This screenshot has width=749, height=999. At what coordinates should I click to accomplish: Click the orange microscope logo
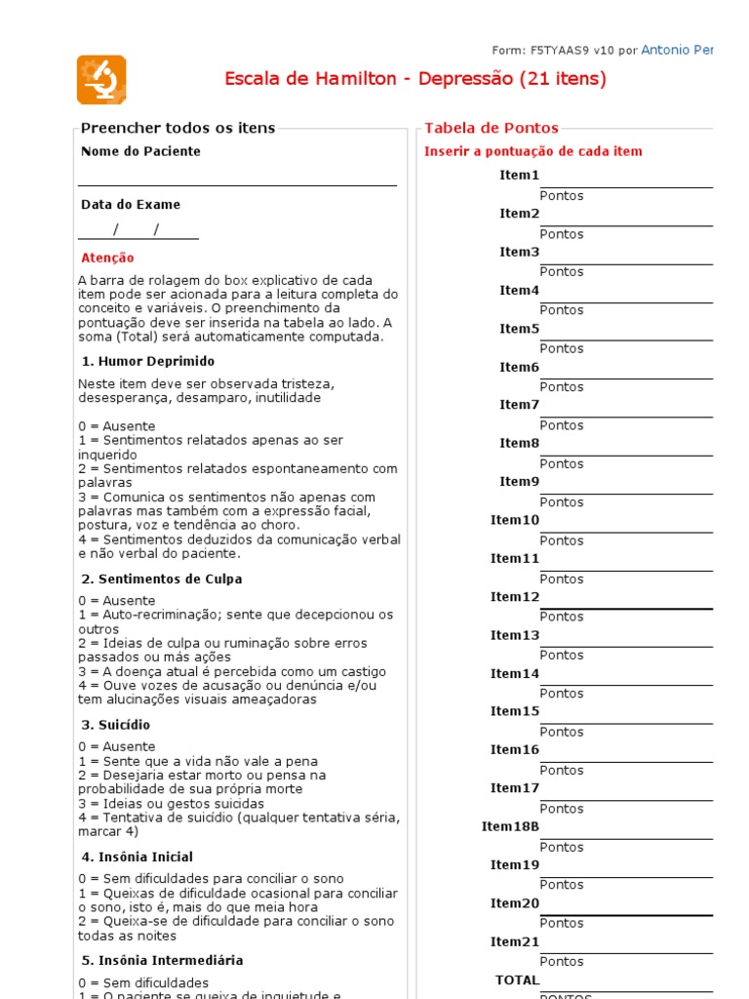(x=101, y=80)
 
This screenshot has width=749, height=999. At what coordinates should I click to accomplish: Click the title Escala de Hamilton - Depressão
(x=414, y=79)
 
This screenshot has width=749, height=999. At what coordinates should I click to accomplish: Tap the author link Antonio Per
(x=677, y=50)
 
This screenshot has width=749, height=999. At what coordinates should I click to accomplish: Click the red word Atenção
(x=107, y=259)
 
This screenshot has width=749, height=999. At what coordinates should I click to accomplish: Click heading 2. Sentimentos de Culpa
(x=161, y=579)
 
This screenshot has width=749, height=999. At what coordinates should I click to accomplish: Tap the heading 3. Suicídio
(x=115, y=726)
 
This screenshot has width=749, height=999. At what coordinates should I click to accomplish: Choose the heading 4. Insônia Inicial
(x=137, y=858)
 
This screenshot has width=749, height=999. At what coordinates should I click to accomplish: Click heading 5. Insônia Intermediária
(x=161, y=961)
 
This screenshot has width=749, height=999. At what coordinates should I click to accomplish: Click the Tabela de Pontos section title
(x=492, y=128)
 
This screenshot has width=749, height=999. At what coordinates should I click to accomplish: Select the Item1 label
(x=519, y=176)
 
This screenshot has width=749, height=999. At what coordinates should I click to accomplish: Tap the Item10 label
(x=514, y=520)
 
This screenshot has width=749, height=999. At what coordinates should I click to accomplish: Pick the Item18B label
(x=510, y=826)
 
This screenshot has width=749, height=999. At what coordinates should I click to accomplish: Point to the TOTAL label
(x=517, y=979)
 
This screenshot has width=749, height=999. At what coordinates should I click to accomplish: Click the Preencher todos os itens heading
(x=177, y=128)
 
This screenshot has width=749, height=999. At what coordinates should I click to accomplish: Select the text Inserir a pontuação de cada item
(x=532, y=152)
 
